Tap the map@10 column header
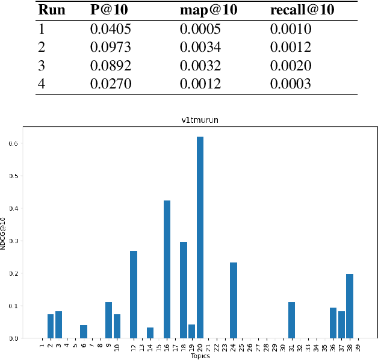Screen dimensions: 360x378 point(205,11)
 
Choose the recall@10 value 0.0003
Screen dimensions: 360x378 point(290,84)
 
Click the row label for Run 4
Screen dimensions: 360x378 point(42,84)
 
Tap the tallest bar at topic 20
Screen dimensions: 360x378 point(200,237)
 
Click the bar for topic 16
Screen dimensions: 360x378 point(167,269)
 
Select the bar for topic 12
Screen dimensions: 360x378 point(134,294)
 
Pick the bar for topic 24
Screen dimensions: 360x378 point(234,300)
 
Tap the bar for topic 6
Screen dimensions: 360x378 point(84,332)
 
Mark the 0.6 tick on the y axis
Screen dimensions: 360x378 point(13,144)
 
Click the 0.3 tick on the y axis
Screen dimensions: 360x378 point(13,241)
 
